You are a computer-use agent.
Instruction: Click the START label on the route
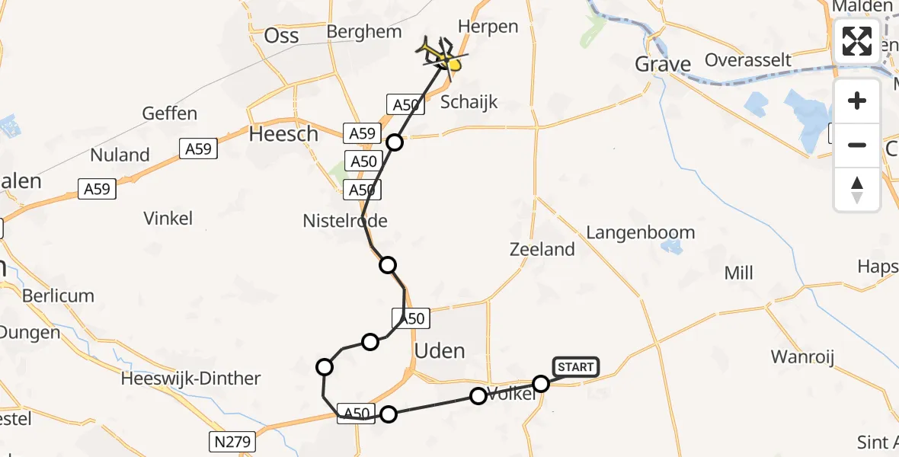576,367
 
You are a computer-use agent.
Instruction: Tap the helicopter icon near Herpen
440,55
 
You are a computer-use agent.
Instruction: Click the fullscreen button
857,41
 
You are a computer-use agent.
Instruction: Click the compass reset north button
857,190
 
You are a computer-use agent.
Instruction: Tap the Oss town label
281,37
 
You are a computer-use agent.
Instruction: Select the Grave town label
663,65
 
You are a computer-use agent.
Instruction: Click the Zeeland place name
542,249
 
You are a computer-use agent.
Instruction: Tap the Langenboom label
641,232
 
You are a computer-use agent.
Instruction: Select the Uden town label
440,351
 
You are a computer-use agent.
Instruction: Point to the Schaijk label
469,102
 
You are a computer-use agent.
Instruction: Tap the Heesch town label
283,135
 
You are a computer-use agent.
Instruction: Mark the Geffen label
170,114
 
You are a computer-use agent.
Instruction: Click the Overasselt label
748,59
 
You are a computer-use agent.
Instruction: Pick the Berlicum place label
59,296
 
